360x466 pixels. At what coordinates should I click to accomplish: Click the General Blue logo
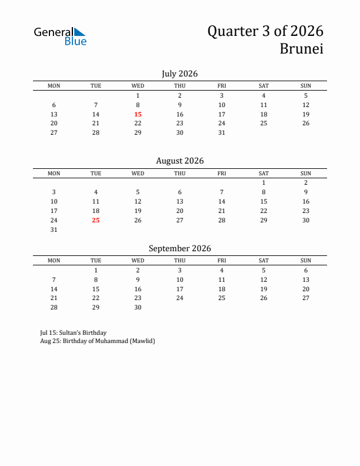point(60,36)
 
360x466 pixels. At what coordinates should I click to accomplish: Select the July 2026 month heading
point(179,74)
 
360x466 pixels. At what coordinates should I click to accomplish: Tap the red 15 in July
point(138,114)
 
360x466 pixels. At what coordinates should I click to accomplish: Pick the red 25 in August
point(96,220)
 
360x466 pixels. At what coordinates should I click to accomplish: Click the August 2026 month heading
point(179,161)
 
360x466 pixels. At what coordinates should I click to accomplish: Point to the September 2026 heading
point(179,248)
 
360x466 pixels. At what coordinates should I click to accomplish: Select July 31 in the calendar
point(222,132)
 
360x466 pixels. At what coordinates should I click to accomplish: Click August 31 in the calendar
point(54,229)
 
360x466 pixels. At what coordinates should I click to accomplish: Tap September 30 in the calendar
point(138,307)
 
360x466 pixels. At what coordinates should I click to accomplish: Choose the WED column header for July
point(138,86)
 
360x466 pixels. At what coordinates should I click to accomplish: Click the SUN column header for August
point(306,174)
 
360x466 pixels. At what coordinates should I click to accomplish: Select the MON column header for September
point(54,261)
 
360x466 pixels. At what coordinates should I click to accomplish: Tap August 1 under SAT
point(264,182)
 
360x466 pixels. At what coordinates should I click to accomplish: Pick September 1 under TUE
point(96,270)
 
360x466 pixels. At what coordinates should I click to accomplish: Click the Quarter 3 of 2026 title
point(265,31)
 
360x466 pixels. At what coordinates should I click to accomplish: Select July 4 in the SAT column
point(264,95)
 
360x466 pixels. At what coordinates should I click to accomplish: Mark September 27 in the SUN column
point(306,298)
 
